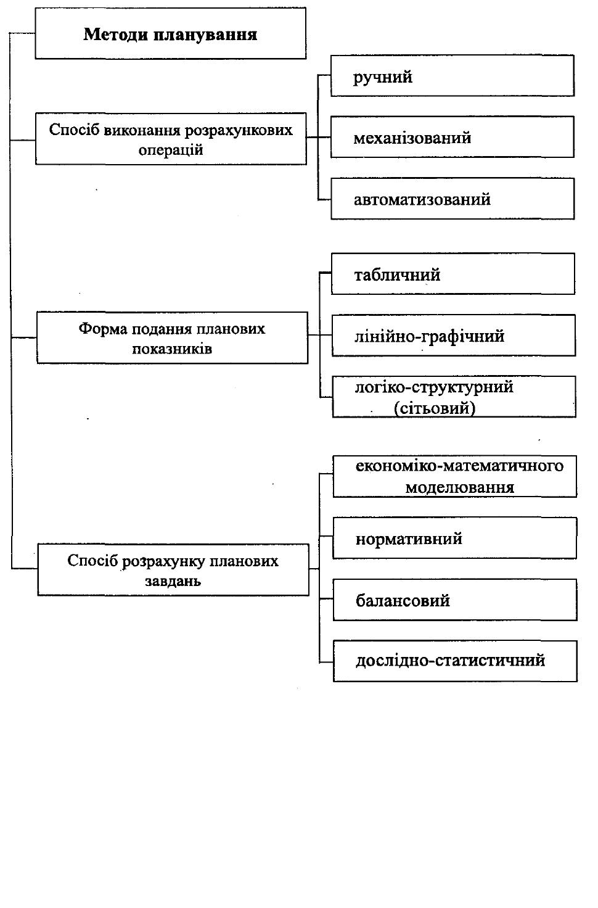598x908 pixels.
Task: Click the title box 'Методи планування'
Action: (x=171, y=33)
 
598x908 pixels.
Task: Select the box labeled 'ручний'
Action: (x=453, y=76)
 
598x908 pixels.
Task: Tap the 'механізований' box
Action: (x=453, y=137)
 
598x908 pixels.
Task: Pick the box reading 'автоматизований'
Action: (x=453, y=199)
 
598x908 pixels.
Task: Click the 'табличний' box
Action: (x=453, y=274)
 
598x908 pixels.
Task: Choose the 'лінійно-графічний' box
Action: (x=454, y=336)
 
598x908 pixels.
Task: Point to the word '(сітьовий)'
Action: (x=435, y=408)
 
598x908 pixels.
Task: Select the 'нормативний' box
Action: (x=455, y=539)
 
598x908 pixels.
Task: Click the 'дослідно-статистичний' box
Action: (x=456, y=661)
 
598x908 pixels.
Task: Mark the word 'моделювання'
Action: (x=460, y=487)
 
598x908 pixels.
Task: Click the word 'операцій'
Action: (x=171, y=150)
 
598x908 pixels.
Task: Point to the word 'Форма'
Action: (x=103, y=328)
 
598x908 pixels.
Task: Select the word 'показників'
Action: (x=172, y=349)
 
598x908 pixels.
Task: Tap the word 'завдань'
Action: (x=173, y=581)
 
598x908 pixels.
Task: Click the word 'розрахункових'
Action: (x=239, y=130)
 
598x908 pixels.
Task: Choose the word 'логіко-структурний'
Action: (x=434, y=387)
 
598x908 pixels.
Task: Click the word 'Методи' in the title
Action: (x=115, y=34)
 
